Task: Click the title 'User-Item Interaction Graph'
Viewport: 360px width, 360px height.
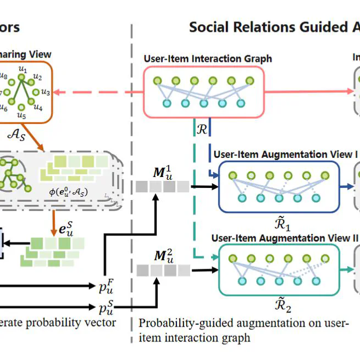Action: (207, 59)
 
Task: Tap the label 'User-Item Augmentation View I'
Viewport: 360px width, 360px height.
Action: (285, 154)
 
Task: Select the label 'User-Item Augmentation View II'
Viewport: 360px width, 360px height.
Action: (285, 238)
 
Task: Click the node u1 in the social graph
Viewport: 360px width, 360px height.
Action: (22, 70)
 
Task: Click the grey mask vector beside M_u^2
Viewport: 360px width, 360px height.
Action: (163, 270)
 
